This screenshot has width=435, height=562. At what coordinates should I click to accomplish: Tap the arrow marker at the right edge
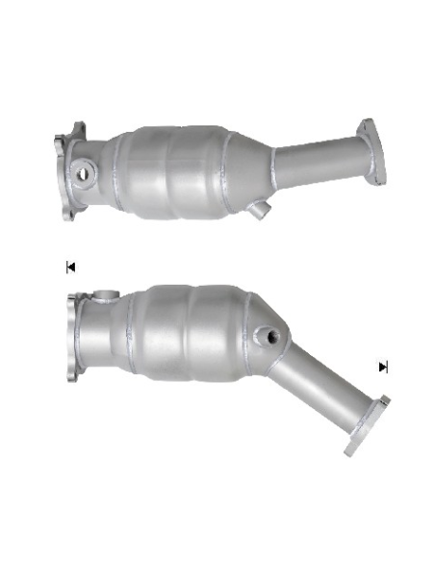click(383, 367)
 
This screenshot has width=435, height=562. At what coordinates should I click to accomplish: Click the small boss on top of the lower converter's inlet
click(102, 294)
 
